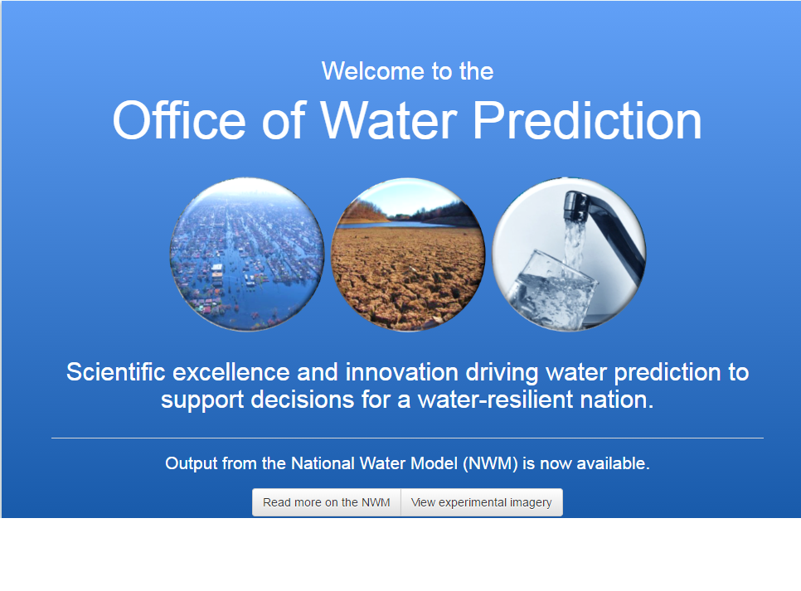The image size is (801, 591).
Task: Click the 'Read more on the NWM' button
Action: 327,502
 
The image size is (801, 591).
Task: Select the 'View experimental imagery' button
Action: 482,502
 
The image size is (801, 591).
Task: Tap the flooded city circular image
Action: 247,254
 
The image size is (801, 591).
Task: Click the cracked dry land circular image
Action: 408,254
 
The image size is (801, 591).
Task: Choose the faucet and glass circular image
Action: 569,254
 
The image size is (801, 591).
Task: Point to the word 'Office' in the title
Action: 179,120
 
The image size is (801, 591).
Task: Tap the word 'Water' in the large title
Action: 389,120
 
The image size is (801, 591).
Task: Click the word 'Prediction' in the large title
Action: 587,120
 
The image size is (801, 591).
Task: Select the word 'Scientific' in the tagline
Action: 116,372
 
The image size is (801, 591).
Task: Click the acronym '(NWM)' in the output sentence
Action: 490,463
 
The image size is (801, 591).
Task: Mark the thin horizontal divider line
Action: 408,438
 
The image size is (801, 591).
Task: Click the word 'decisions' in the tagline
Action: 303,400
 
